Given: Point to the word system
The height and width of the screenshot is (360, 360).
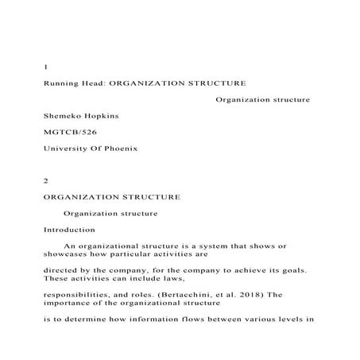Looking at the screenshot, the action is pos(197,248).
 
